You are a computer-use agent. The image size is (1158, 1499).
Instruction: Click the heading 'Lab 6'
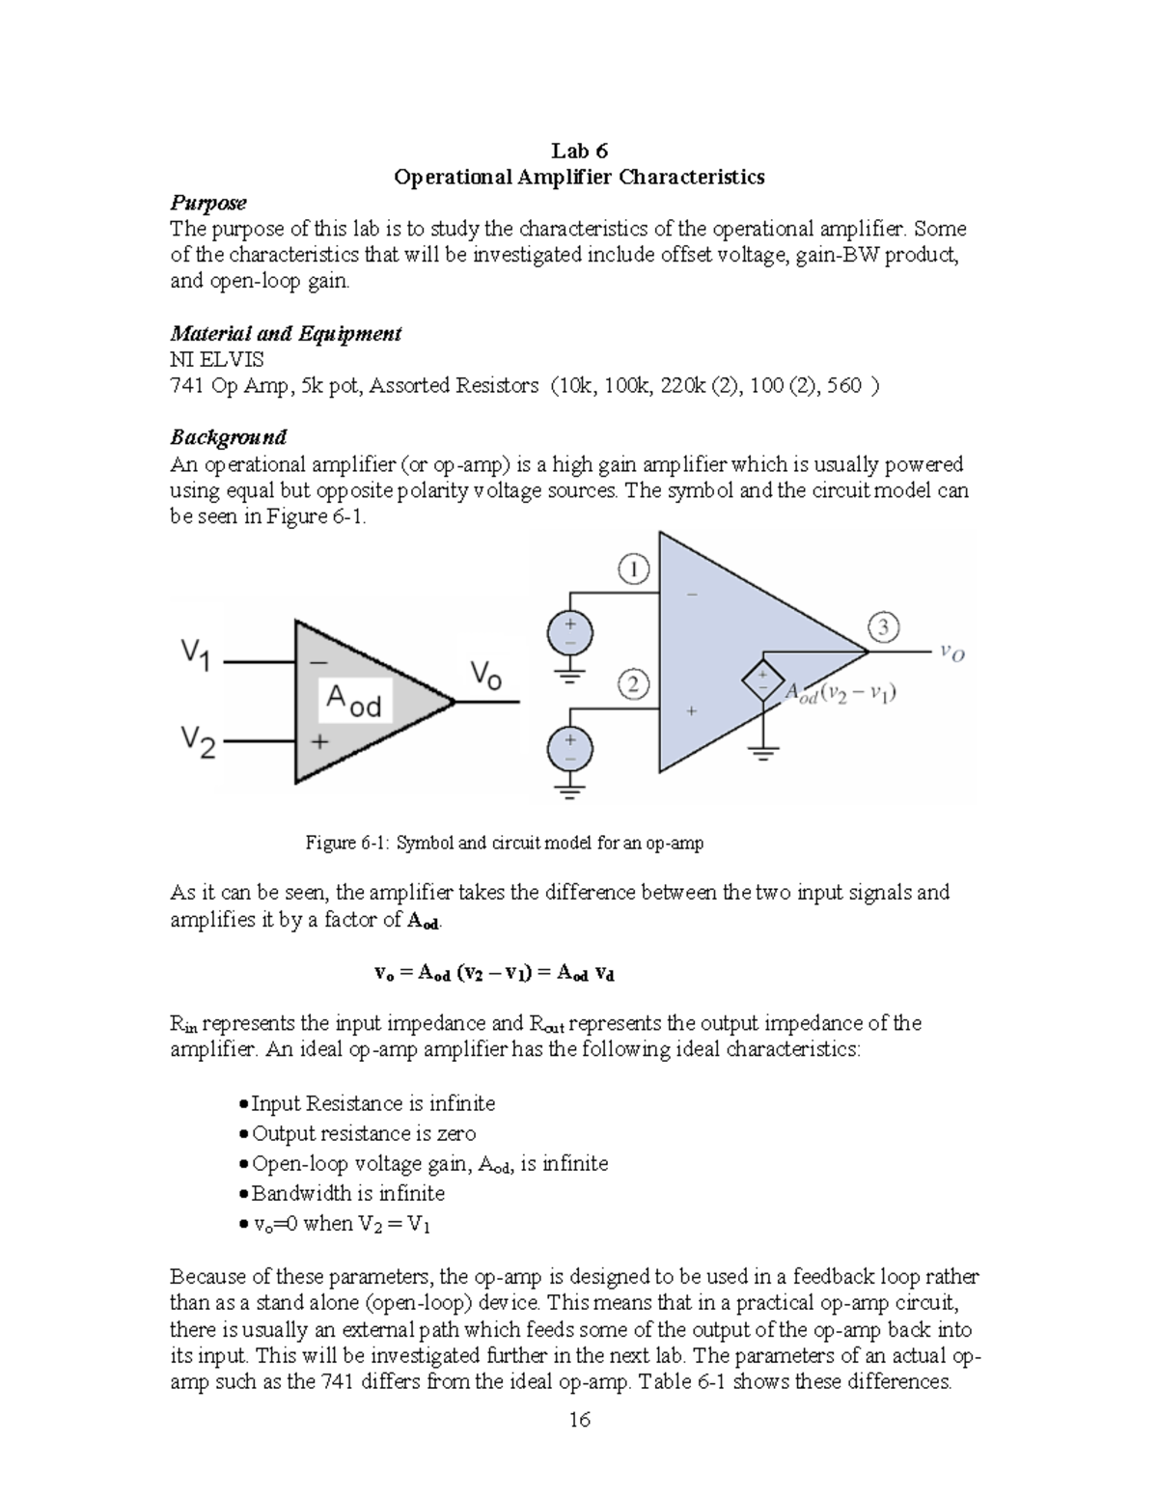(579, 151)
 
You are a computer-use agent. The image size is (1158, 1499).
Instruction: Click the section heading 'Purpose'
(208, 203)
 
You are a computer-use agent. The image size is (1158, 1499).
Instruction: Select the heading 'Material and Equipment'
(286, 334)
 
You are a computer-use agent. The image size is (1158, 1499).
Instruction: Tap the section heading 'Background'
(229, 437)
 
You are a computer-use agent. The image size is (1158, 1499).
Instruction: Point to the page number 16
(579, 1419)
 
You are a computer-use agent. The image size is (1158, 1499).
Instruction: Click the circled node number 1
(633, 569)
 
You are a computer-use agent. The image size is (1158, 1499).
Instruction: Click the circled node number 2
(633, 685)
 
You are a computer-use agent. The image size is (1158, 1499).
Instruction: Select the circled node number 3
(883, 627)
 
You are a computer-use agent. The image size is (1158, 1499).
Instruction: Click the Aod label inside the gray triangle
(354, 701)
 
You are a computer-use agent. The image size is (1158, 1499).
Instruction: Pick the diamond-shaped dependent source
(762, 680)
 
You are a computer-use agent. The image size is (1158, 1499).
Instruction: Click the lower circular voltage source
(570, 750)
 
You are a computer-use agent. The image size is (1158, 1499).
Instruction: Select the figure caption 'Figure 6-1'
(504, 843)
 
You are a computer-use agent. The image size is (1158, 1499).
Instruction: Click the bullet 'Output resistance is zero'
(363, 1133)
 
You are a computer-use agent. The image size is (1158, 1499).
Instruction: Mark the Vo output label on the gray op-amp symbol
(485, 675)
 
